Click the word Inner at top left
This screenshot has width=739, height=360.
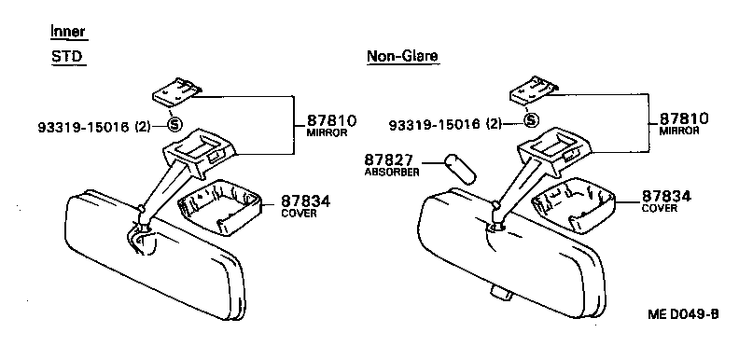[68, 33]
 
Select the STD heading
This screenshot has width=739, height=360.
[66, 57]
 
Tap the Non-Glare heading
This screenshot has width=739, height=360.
[402, 57]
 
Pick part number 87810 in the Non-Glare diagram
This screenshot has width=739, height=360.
[684, 119]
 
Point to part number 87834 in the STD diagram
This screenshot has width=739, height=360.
[305, 201]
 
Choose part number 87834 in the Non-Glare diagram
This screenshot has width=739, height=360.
[665, 197]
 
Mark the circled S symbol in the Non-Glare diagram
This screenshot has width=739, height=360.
[531, 120]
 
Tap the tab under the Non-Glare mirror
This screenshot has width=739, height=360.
[498, 293]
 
